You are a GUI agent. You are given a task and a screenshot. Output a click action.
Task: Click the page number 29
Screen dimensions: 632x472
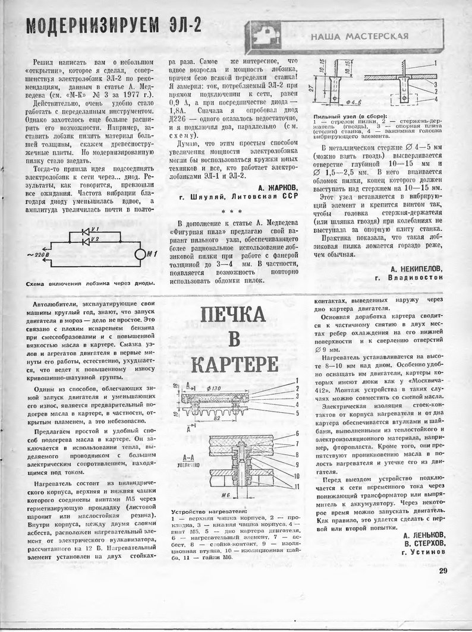(x=444, y=571)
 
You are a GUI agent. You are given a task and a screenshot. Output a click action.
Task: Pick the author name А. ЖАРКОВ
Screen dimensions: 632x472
(x=278, y=186)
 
